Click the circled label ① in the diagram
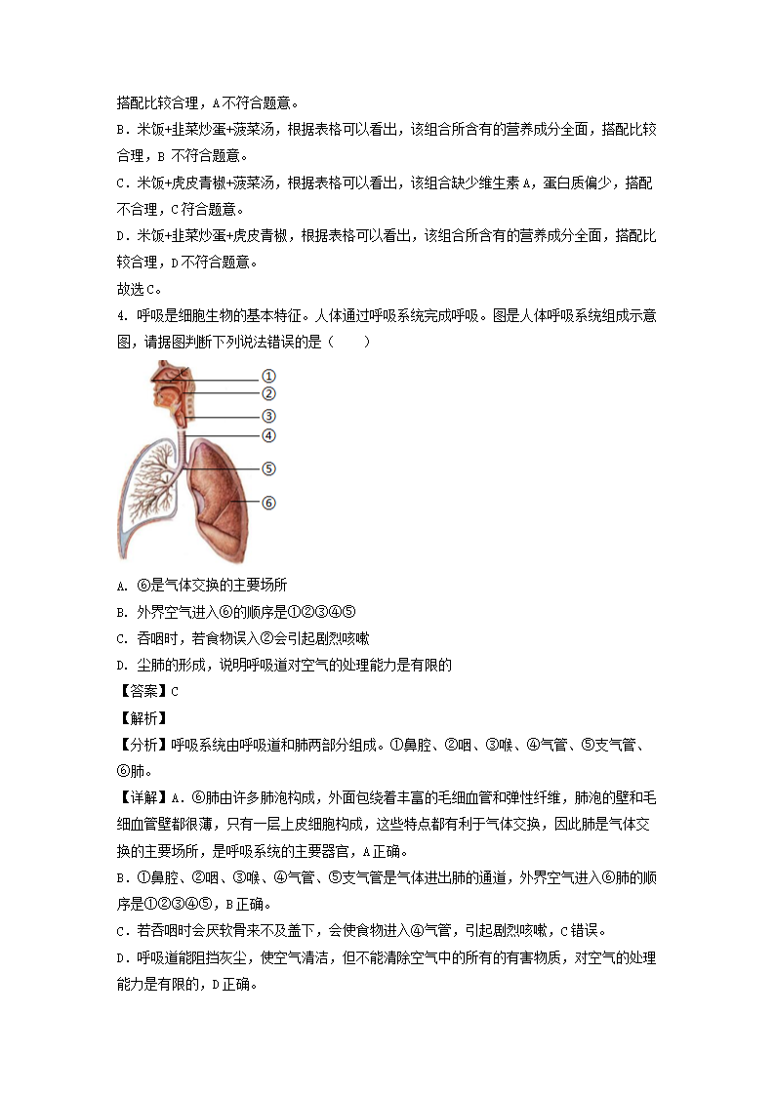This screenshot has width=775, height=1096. click(x=268, y=377)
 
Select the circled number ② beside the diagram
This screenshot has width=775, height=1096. click(x=268, y=394)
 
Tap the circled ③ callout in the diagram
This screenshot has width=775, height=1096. click(x=268, y=416)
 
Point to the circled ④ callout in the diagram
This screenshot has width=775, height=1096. click(x=268, y=435)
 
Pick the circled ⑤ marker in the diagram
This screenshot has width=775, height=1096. click(x=268, y=468)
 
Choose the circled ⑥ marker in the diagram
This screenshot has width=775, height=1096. click(x=268, y=503)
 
